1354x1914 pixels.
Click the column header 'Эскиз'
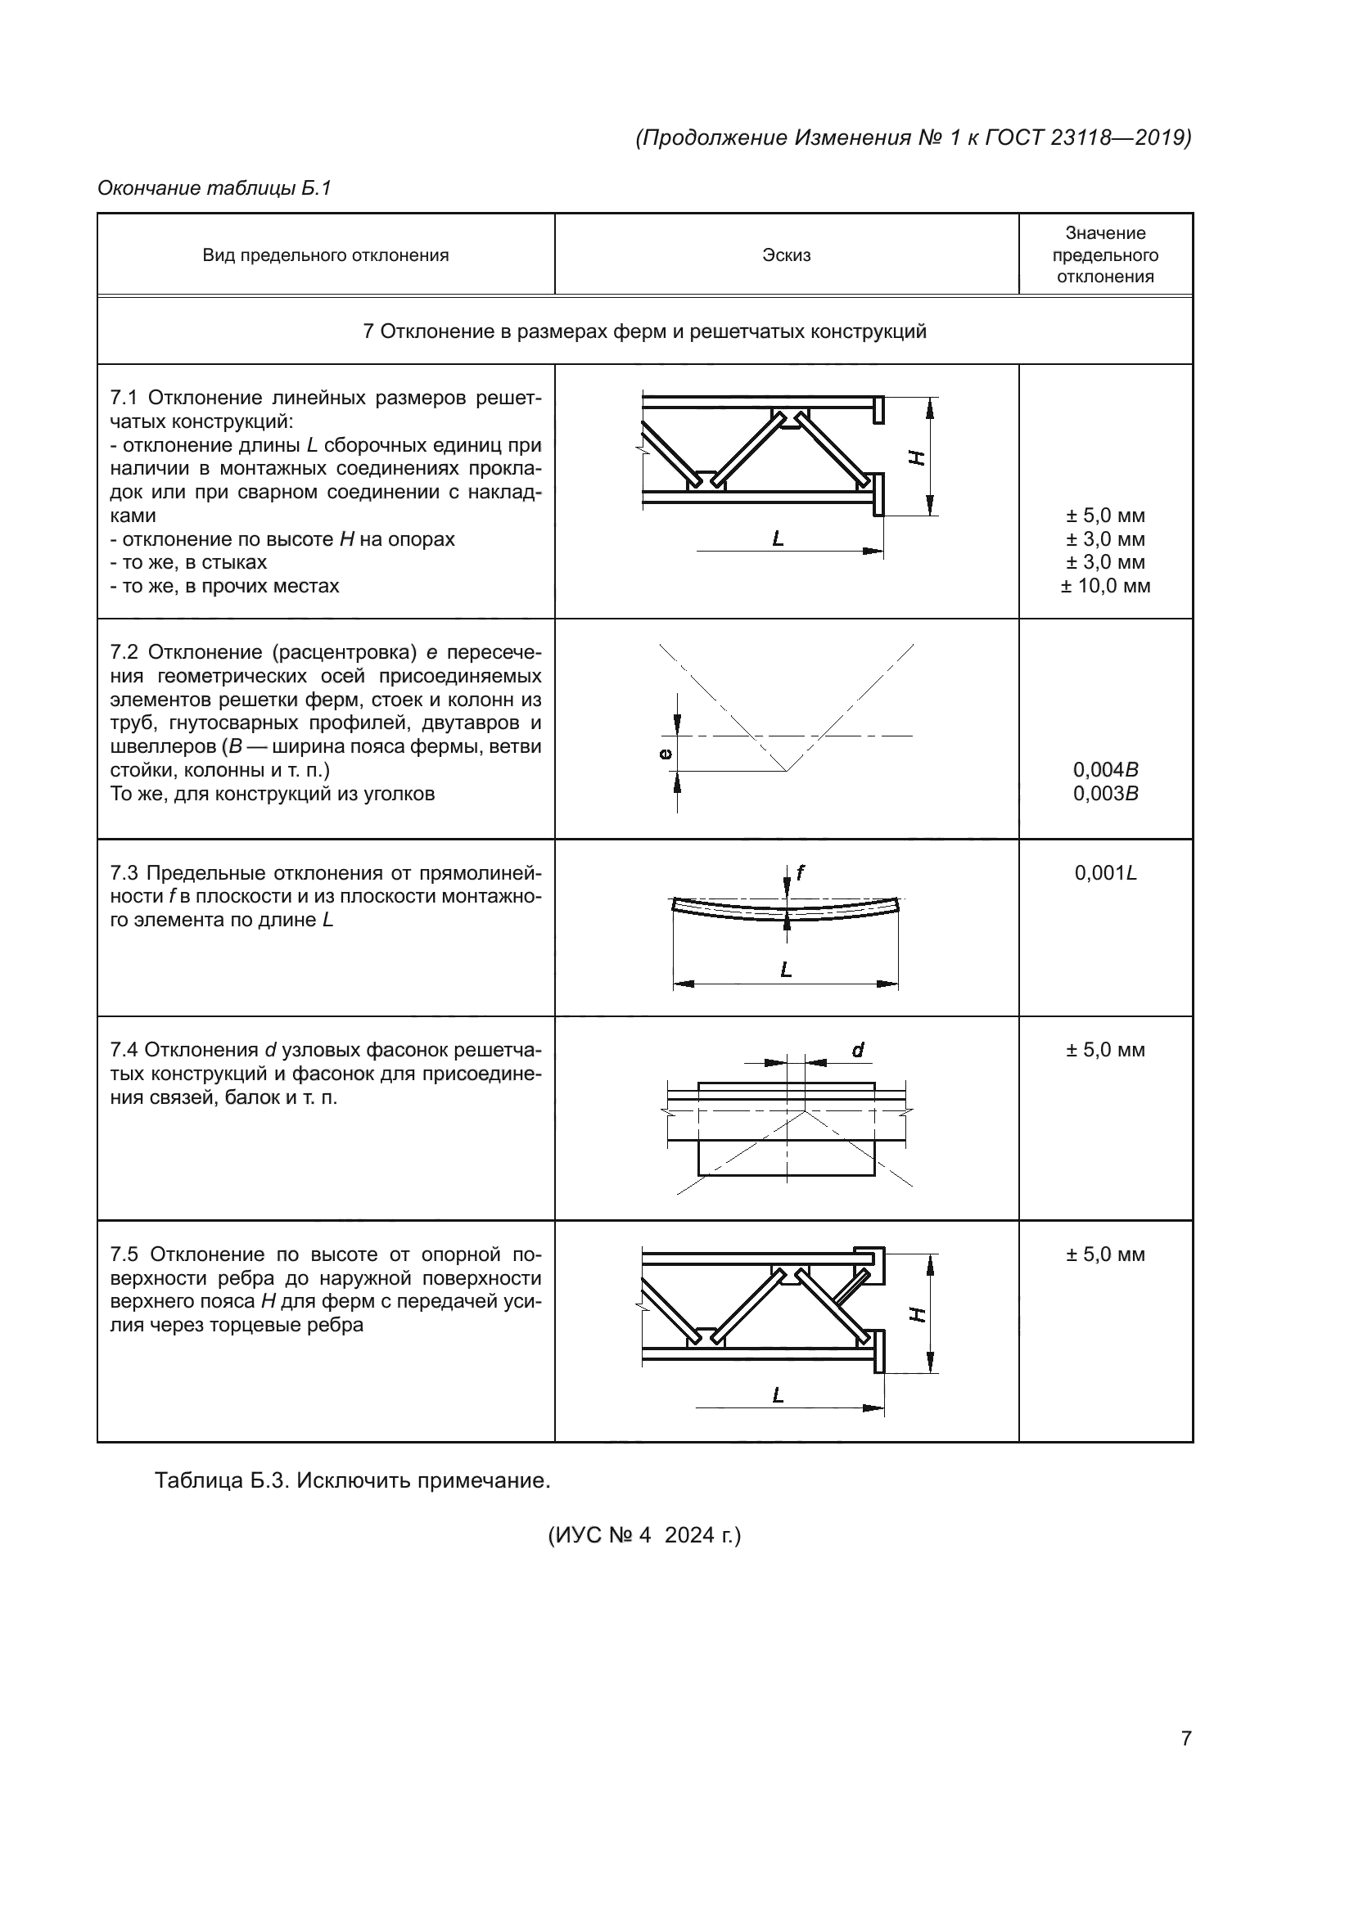tap(785, 255)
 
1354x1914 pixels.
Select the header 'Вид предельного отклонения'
tap(325, 255)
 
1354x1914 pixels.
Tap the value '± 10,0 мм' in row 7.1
tap(1104, 586)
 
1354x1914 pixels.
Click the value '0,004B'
tap(1104, 769)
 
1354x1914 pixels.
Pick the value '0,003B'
tap(1104, 794)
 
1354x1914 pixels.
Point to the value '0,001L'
tap(1104, 873)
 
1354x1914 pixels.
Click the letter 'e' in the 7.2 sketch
tap(666, 754)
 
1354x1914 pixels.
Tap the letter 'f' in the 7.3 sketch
tap(800, 872)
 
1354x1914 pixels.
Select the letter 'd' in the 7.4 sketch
tap(857, 1051)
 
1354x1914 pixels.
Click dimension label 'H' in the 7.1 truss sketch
tap(916, 457)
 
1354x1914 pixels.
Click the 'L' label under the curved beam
tap(785, 970)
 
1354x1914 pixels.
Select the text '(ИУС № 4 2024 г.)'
tap(643, 1534)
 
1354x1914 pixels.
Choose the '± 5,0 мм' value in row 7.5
tap(1104, 1254)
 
